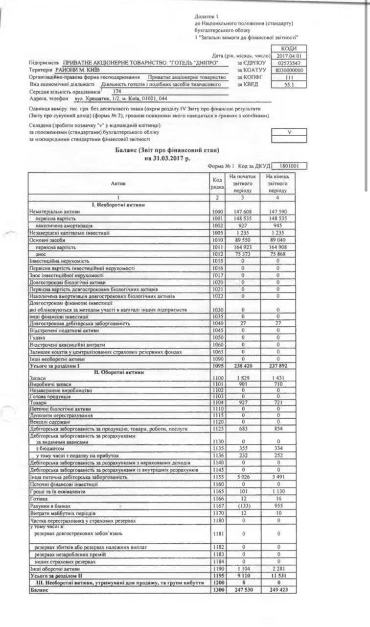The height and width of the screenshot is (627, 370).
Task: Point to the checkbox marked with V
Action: (289, 132)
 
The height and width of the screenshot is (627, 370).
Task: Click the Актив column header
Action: (118, 183)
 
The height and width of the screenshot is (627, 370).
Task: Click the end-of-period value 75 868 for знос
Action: (278, 255)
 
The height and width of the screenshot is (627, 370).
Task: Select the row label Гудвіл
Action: (38, 338)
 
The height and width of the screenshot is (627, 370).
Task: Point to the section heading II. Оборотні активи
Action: (119, 372)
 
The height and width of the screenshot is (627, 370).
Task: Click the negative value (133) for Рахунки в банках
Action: (242, 505)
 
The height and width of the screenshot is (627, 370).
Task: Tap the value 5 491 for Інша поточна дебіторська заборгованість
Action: (278, 476)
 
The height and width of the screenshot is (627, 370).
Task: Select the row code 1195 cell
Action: (217, 577)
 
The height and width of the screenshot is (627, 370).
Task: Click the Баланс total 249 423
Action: (278, 591)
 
